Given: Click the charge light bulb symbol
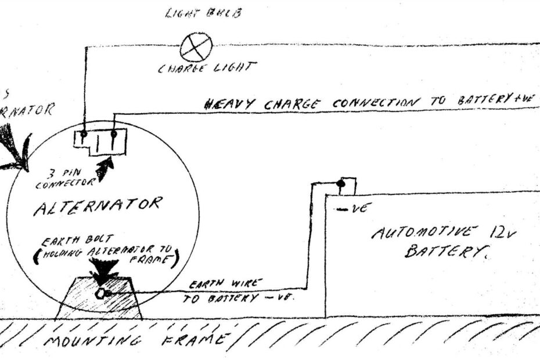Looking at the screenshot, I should point(196,48).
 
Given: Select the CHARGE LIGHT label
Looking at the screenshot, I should point(207,68).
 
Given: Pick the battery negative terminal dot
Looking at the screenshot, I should point(340,184).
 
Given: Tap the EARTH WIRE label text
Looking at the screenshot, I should point(224,284).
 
